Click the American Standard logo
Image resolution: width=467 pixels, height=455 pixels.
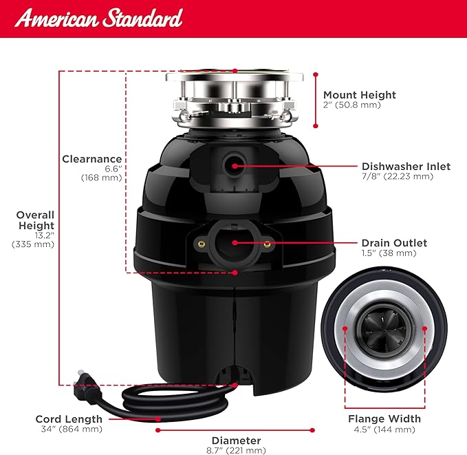click(x=99, y=19)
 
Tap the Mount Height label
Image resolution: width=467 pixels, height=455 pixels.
click(x=360, y=95)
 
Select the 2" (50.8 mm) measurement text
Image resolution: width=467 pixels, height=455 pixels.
click(x=352, y=105)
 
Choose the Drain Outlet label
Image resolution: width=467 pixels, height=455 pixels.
click(x=394, y=243)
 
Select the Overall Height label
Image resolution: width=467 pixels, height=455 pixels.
click(x=35, y=220)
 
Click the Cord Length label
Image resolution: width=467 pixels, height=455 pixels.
click(x=69, y=419)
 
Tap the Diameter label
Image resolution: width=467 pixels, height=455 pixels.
click(x=236, y=440)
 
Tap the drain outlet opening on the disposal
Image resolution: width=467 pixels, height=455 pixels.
click(x=233, y=242)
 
